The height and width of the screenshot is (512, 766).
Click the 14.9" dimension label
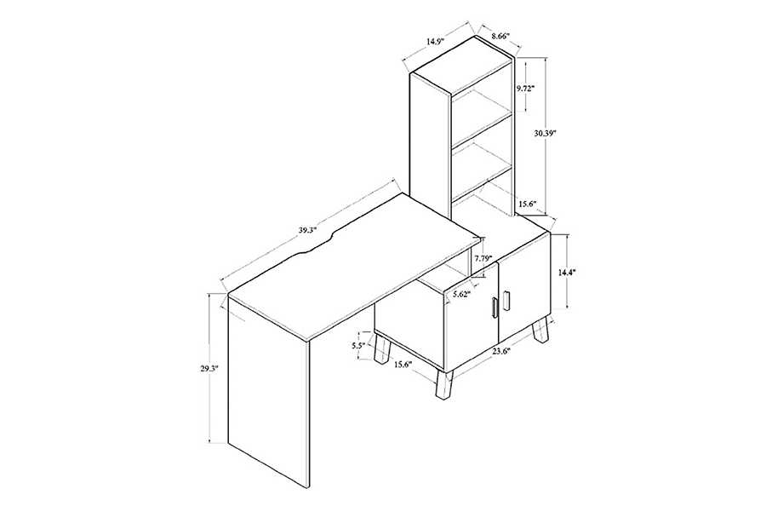[434, 42]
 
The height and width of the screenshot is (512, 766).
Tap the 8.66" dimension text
[500, 36]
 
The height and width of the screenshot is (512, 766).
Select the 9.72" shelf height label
[526, 88]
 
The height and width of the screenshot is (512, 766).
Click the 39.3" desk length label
[309, 229]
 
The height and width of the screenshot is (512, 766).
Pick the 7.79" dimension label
[483, 259]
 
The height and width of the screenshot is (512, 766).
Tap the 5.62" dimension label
[461, 295]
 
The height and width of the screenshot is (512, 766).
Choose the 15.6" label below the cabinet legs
[403, 364]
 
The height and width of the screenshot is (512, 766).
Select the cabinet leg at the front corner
[444, 385]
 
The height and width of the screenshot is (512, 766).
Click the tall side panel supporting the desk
[269, 381]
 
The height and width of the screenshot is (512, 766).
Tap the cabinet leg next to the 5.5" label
[382, 349]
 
